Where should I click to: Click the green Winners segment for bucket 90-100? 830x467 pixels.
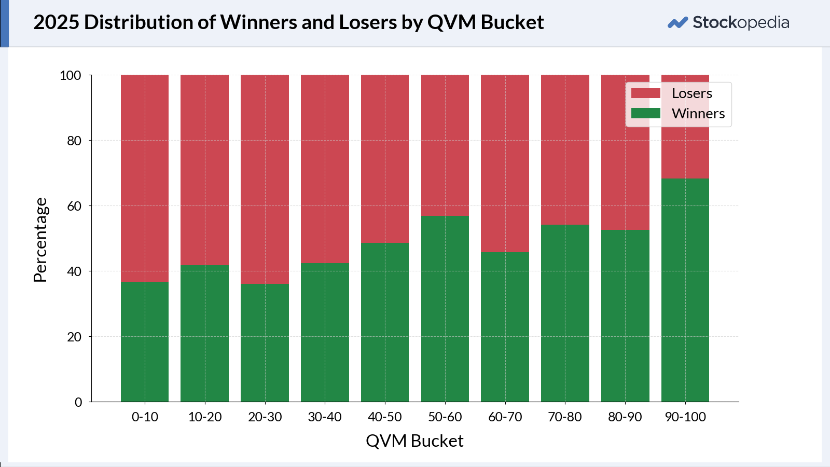coord(685,291)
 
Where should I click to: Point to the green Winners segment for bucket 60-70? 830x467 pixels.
coord(505,327)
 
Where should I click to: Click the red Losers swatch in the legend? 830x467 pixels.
coord(645,93)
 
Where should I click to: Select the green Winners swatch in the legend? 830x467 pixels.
coord(645,113)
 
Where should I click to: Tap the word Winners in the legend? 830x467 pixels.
coord(698,114)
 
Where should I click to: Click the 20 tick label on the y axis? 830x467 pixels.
coord(74,337)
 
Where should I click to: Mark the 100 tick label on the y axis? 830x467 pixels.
coord(71,75)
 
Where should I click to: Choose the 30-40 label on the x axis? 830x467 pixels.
coord(325,417)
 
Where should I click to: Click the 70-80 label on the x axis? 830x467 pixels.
coord(565,417)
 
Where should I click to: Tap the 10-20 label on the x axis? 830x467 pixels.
coord(204,417)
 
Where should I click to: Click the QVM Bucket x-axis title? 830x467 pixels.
coord(414,441)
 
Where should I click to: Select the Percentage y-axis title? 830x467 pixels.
coord(40,240)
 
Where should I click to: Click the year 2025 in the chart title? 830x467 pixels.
coord(56,22)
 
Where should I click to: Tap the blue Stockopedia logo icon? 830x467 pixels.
coord(677,23)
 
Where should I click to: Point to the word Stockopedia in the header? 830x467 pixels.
coord(741,22)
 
